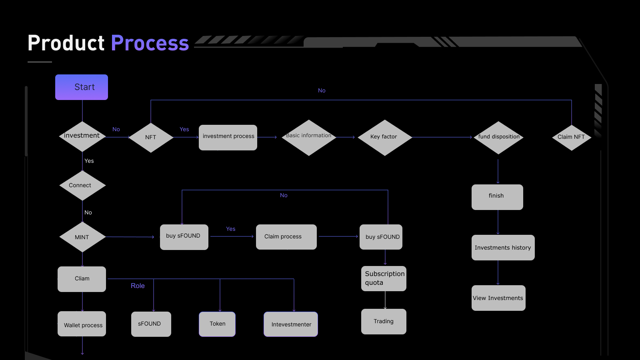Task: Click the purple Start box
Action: pyautogui.click(x=82, y=87)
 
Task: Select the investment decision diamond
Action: pyautogui.click(x=82, y=136)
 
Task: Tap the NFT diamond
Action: pyautogui.click(x=151, y=138)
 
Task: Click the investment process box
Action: pyautogui.click(x=228, y=138)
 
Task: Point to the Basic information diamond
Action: pyautogui.click(x=309, y=138)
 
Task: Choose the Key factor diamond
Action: pyautogui.click(x=384, y=138)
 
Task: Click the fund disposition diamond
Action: pyautogui.click(x=498, y=138)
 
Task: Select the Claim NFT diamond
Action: pyautogui.click(x=572, y=138)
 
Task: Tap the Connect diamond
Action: pyautogui.click(x=82, y=186)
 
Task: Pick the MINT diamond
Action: pyautogui.click(x=82, y=237)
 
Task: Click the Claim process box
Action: pyautogui.click(x=286, y=237)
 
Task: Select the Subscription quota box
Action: pyautogui.click(x=384, y=278)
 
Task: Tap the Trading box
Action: pyautogui.click(x=384, y=322)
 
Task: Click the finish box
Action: pyautogui.click(x=498, y=197)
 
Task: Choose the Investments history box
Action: pyautogui.click(x=503, y=248)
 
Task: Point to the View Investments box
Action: pyautogui.click(x=498, y=298)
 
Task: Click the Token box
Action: pyautogui.click(x=217, y=324)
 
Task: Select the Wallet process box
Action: pyautogui.click(x=82, y=324)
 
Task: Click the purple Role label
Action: pyautogui.click(x=138, y=286)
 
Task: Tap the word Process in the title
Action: pyautogui.click(x=150, y=43)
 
